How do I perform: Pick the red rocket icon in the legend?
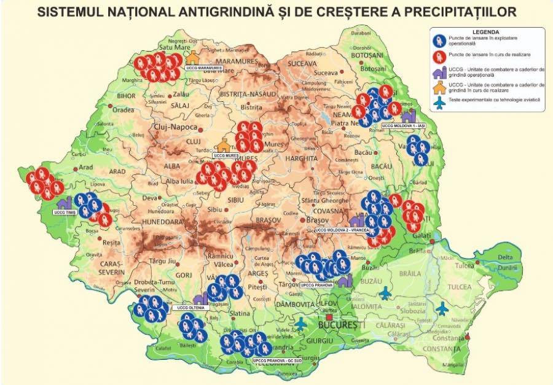tap(439, 57)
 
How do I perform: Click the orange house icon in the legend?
tap(439, 88)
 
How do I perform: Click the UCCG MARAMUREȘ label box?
tap(203, 68)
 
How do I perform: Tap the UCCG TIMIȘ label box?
tap(63, 212)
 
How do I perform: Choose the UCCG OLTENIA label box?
tap(189, 307)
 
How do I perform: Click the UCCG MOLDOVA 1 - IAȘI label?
tap(403, 125)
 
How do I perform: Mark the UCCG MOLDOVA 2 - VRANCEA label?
tap(342, 230)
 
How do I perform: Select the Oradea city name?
tap(123, 110)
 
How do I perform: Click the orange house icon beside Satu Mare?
tap(193, 57)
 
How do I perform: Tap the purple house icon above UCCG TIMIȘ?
tap(63, 202)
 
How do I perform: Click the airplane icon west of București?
tap(301, 322)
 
